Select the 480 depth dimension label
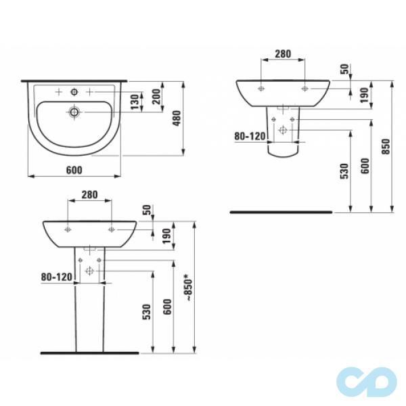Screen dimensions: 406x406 tap(176, 119)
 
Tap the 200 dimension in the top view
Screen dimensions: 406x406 tap(157, 97)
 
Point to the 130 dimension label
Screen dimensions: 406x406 tap(136, 102)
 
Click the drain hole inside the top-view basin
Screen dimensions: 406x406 tap(74, 111)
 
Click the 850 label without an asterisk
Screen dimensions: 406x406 tap(385, 147)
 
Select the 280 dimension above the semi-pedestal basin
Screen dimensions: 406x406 tap(283, 53)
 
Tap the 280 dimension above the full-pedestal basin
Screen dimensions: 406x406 tap(89, 195)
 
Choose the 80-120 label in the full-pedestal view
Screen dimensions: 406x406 tap(55, 276)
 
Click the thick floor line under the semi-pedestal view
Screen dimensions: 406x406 tap(281, 212)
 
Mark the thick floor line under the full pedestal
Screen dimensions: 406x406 tap(89, 353)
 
